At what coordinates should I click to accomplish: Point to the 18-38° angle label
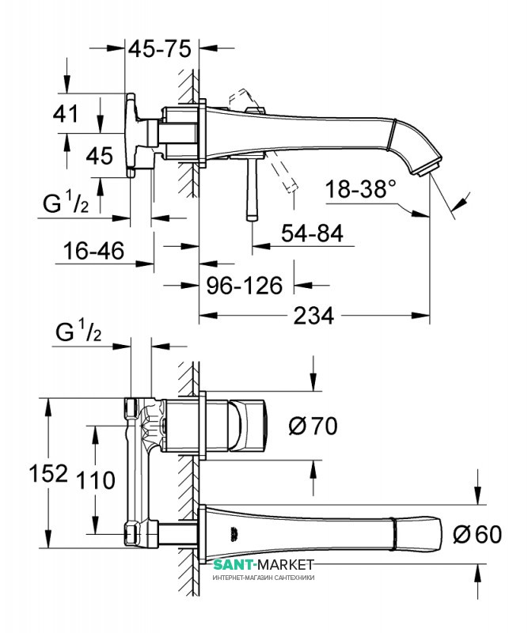[x=361, y=190]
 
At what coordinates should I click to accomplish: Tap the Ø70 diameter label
[x=313, y=426]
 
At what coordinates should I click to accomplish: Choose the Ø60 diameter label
[x=477, y=534]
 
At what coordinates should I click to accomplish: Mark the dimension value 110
[x=94, y=479]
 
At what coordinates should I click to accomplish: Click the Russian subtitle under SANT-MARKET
[x=264, y=578]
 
